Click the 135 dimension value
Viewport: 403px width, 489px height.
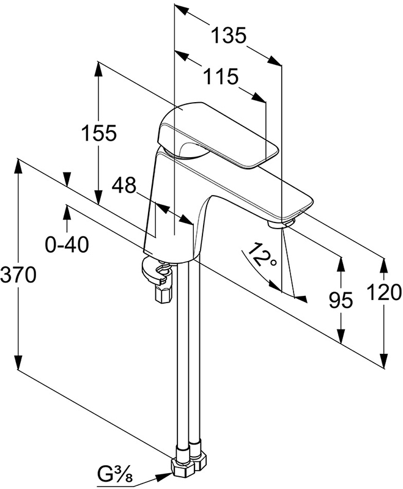point(229,36)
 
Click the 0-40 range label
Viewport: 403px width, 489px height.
point(67,244)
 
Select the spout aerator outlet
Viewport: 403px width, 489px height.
point(279,223)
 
